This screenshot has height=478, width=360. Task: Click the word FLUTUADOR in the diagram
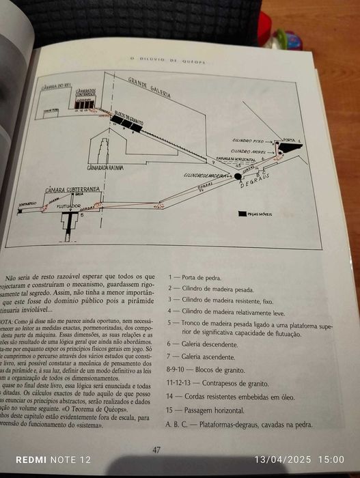tap(66, 202)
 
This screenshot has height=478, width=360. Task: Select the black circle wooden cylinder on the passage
tap(238, 176)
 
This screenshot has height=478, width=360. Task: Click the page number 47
tap(156, 449)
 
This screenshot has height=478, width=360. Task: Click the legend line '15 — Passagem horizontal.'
tap(209, 411)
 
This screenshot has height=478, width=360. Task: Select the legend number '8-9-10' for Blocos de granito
tap(177, 371)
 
